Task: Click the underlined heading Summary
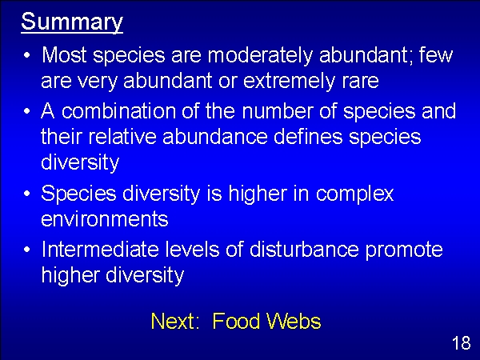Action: point(72,22)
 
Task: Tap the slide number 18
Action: point(462,343)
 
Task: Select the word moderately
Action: point(260,56)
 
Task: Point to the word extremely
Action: point(289,81)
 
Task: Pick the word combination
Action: point(118,110)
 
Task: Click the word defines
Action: point(308,136)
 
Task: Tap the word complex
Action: point(354,194)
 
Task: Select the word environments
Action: point(105,219)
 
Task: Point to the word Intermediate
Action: point(101,249)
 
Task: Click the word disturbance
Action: point(304,249)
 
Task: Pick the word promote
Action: point(404,250)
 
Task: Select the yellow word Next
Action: point(175,321)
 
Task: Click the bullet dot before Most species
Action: point(27,56)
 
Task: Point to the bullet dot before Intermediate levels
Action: point(27,249)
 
